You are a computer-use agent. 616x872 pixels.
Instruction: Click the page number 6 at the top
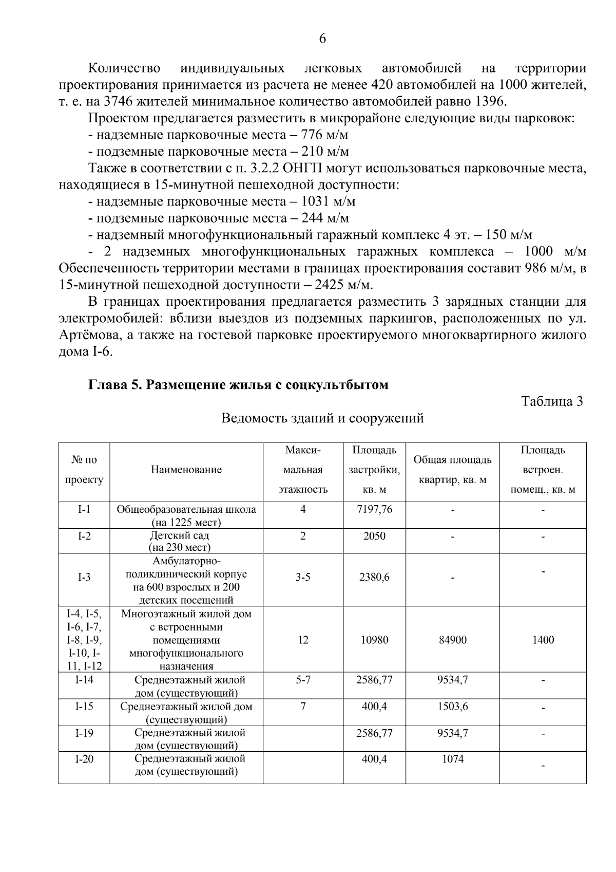pyautogui.click(x=322, y=39)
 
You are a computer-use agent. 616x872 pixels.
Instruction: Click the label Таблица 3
pyautogui.click(x=552, y=401)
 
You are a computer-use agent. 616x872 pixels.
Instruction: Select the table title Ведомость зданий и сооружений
pyautogui.click(x=322, y=418)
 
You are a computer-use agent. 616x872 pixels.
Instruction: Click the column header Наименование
pyautogui.click(x=186, y=470)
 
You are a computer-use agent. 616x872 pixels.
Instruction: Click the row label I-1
pyautogui.click(x=84, y=509)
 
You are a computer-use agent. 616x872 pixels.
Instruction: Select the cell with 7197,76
pyautogui.click(x=374, y=509)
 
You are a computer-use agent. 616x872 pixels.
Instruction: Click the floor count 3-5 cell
pyautogui.click(x=303, y=577)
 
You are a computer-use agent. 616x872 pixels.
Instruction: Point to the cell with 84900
pyautogui.click(x=452, y=640)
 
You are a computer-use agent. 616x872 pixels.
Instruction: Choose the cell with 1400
pyautogui.click(x=543, y=640)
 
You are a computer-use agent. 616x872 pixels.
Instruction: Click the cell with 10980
pyautogui.click(x=374, y=640)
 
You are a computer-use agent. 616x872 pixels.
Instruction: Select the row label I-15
pyautogui.click(x=84, y=707)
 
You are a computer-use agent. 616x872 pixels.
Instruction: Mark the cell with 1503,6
pyautogui.click(x=452, y=707)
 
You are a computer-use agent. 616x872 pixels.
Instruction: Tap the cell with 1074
pyautogui.click(x=452, y=759)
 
